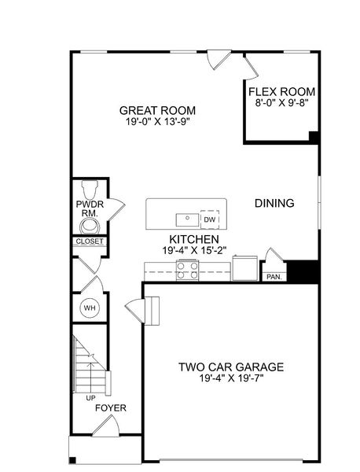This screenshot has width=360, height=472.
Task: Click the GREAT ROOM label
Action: tap(157, 110)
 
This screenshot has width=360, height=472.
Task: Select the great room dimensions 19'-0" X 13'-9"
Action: tap(157, 122)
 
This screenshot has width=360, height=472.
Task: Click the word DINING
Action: tap(274, 203)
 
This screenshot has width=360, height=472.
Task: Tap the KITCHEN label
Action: tap(193, 238)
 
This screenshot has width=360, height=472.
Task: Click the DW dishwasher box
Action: tap(209, 219)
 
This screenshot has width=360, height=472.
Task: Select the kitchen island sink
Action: tap(186, 218)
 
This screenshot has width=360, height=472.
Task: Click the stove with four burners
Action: tap(186, 270)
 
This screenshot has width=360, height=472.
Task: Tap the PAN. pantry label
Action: tap(274, 277)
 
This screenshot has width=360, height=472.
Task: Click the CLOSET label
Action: tap(88, 242)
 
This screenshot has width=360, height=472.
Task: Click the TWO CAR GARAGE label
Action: tap(230, 367)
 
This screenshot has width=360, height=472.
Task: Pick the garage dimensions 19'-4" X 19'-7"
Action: tap(230, 378)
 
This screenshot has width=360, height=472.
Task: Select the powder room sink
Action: tap(87, 227)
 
